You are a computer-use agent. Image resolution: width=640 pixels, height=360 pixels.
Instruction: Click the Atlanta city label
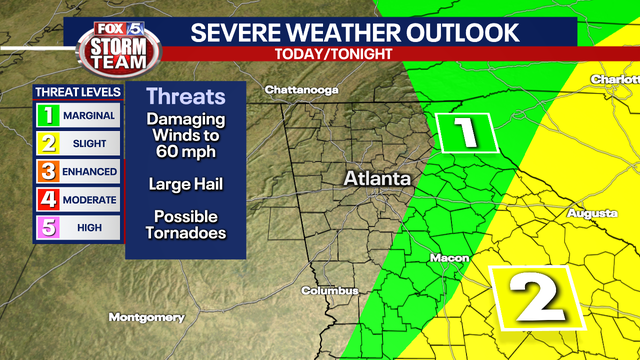377,178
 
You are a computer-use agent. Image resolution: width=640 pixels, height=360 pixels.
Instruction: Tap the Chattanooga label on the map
303,90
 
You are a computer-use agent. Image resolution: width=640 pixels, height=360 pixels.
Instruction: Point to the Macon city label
449,258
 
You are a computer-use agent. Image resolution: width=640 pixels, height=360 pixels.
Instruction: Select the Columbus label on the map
329,291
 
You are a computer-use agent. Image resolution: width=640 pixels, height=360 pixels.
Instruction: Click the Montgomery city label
147,317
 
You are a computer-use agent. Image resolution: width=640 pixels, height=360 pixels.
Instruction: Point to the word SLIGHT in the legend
91,144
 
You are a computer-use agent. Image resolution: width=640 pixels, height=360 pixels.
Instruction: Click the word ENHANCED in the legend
91,172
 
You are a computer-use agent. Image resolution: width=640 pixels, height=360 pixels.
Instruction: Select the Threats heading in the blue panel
186,97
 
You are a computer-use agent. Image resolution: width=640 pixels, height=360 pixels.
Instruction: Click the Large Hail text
185,184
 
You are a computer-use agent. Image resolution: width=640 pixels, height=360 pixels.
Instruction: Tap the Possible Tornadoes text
185,225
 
